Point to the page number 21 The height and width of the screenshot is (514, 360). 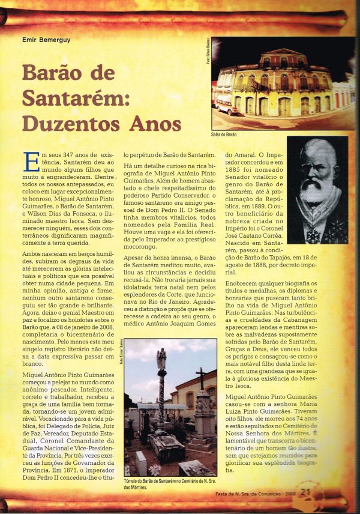(x=305, y=492)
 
